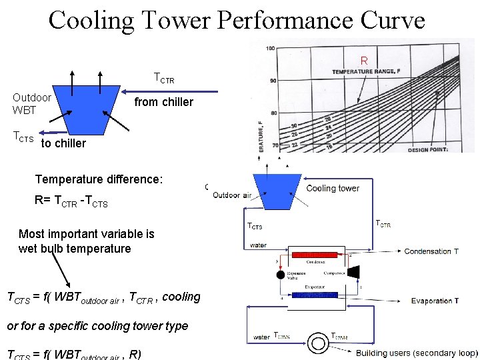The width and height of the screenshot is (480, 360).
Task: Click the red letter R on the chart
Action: point(364,61)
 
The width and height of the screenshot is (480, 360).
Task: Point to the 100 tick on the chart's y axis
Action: point(270,48)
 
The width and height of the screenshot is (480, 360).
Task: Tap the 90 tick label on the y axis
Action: point(272,81)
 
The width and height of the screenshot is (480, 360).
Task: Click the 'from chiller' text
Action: point(163,102)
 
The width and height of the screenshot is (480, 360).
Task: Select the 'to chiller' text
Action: point(63,143)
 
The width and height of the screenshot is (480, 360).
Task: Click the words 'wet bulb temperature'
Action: point(75,249)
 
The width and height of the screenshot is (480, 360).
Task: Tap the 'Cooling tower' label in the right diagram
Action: point(332,188)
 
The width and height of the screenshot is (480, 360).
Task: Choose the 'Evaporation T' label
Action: point(435,301)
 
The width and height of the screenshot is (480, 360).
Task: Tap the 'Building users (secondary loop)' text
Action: point(417,353)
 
